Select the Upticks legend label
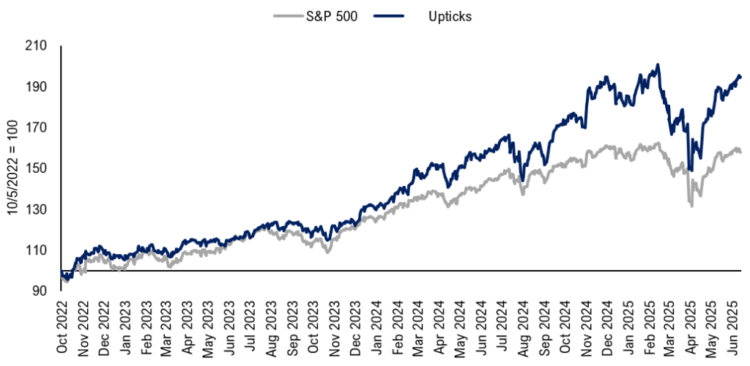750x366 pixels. tap(449, 17)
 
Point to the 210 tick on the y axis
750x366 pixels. tap(37, 46)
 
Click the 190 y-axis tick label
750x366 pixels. tap(37, 87)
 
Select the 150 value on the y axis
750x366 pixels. tap(37, 169)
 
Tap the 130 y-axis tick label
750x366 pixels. tap(37, 210)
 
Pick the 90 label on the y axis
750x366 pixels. tap(40, 291)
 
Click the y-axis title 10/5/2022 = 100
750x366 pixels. tap(12, 168)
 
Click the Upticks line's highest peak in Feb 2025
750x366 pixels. tap(658, 64)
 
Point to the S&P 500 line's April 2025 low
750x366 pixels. tap(691, 206)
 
